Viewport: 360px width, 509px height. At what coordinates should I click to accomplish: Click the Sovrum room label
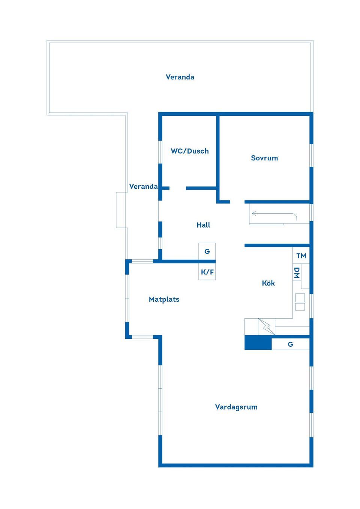264,158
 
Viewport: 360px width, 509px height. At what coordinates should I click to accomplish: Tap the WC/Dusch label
190,151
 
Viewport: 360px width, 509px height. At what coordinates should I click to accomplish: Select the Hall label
203,225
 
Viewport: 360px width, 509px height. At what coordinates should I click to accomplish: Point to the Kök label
268,283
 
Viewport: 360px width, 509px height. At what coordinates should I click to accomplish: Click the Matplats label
164,299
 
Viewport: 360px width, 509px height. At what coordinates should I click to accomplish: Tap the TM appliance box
301,255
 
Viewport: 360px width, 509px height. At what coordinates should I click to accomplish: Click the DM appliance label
297,273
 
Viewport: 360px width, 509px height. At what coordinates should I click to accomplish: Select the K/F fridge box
207,271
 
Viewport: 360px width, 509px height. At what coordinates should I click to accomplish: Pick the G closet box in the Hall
207,252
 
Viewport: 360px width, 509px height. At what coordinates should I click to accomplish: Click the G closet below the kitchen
291,344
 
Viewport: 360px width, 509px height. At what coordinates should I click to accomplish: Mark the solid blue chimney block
258,343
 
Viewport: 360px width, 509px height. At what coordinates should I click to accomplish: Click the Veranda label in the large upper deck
180,77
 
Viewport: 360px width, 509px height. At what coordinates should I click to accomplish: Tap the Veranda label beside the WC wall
143,186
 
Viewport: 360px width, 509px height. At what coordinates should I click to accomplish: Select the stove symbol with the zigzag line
267,326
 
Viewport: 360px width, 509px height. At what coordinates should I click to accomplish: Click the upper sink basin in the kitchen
300,298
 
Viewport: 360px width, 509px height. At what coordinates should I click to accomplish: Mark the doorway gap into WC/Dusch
178,188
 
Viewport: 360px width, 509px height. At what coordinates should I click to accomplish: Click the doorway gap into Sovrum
237,202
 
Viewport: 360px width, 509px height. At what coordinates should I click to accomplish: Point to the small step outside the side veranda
121,210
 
